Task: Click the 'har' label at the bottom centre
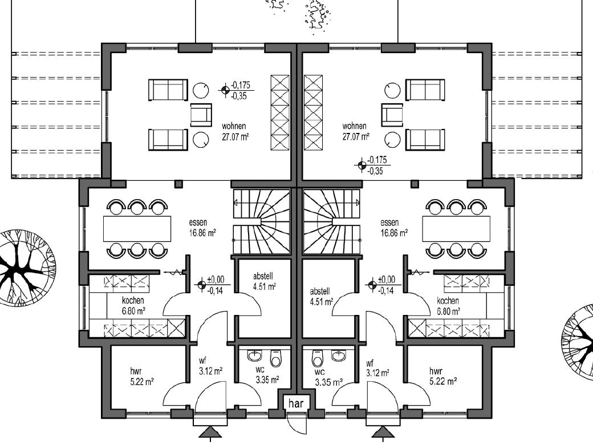click(296, 403)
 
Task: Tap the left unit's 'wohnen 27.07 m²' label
click(235, 131)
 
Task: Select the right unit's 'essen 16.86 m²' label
click(393, 228)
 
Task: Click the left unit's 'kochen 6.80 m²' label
click(133, 306)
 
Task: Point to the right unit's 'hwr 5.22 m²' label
click(442, 376)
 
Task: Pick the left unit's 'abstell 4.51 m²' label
click(264, 281)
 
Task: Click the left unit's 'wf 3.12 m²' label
click(210, 366)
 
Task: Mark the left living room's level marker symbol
click(225, 90)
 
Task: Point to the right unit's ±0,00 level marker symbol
click(372, 284)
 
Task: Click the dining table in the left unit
click(137, 229)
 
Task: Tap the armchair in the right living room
click(391, 115)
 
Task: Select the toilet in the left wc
click(276, 358)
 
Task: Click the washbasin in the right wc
click(339, 354)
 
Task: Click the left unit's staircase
click(261, 222)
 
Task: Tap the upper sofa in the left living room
click(168, 90)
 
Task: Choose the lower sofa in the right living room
click(425, 140)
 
